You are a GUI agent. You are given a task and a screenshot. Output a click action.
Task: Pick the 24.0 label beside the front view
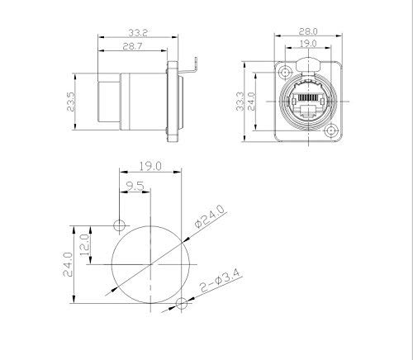tap(254, 101)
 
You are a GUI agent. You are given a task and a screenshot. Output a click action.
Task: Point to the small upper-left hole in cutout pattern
tap(120, 224)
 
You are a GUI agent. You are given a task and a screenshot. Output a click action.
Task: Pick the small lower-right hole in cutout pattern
tap(181, 306)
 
